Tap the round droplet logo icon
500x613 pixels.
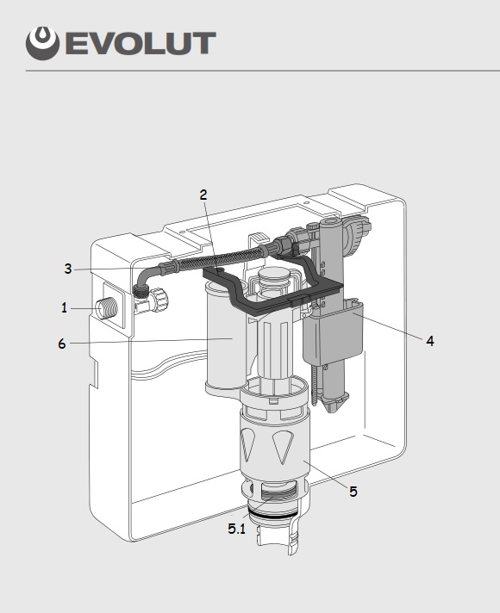[43, 43]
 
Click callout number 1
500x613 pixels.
[64, 308]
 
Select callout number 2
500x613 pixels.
[203, 195]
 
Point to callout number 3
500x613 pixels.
[68, 269]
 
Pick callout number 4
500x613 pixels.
[430, 341]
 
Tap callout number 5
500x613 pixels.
[353, 492]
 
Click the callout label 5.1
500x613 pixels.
[236, 529]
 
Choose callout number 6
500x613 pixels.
[62, 344]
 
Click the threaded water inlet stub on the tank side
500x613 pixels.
[107, 309]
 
